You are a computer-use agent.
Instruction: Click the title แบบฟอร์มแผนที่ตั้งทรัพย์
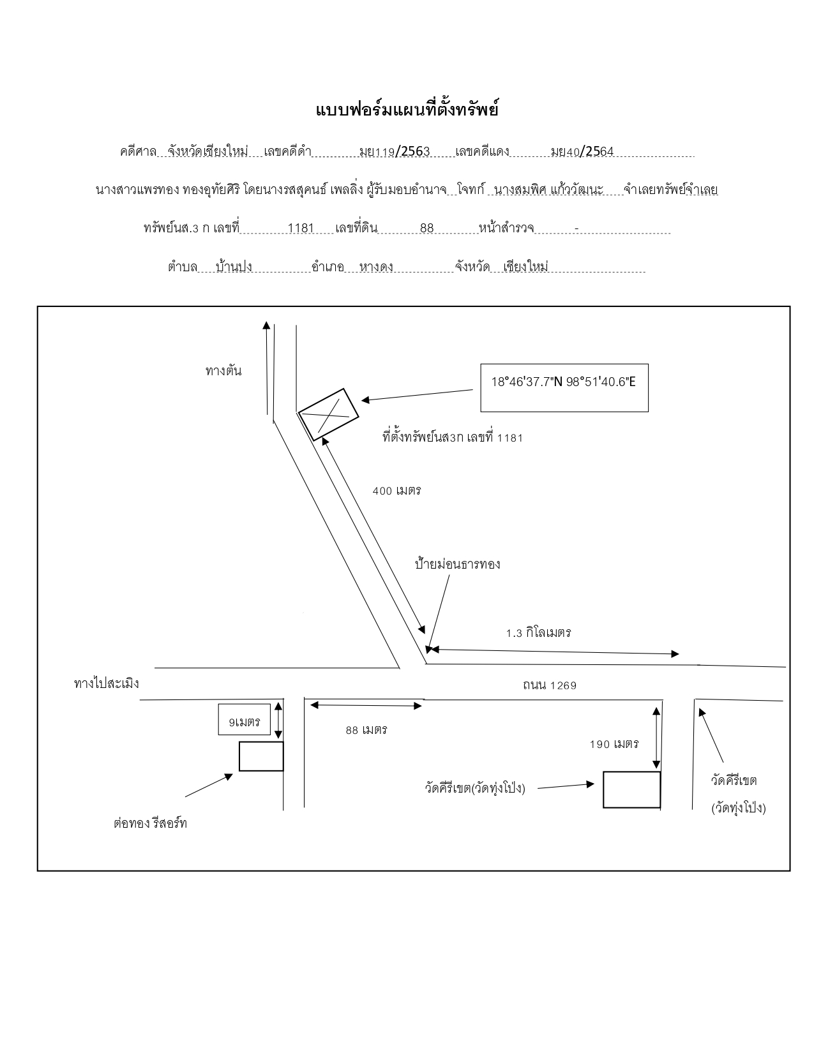coord(407,110)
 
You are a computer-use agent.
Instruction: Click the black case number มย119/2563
coord(394,152)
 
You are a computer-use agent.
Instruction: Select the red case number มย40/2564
coord(582,152)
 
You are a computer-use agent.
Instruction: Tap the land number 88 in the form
coord(426,228)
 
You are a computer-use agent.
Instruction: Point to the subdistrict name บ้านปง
coord(234,267)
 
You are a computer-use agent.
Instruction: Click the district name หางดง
coord(376,267)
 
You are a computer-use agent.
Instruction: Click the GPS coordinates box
coord(564,387)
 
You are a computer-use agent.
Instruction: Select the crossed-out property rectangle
coord(328,414)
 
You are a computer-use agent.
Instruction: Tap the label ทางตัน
coord(223,371)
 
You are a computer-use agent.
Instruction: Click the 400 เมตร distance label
coord(396,491)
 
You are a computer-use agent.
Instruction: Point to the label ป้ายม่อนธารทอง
coord(458,564)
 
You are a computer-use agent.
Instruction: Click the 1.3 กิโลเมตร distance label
coord(539,632)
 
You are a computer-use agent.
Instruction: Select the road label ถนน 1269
coord(550,685)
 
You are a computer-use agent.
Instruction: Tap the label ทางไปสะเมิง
coord(107,683)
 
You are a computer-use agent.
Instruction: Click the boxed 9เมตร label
coord(245,719)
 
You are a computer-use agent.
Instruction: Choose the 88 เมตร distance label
coord(366,730)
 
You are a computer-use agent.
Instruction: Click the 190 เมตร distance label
coord(614,744)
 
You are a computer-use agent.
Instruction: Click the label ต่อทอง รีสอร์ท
coord(150,823)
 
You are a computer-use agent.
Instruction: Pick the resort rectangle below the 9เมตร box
coord(261,756)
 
